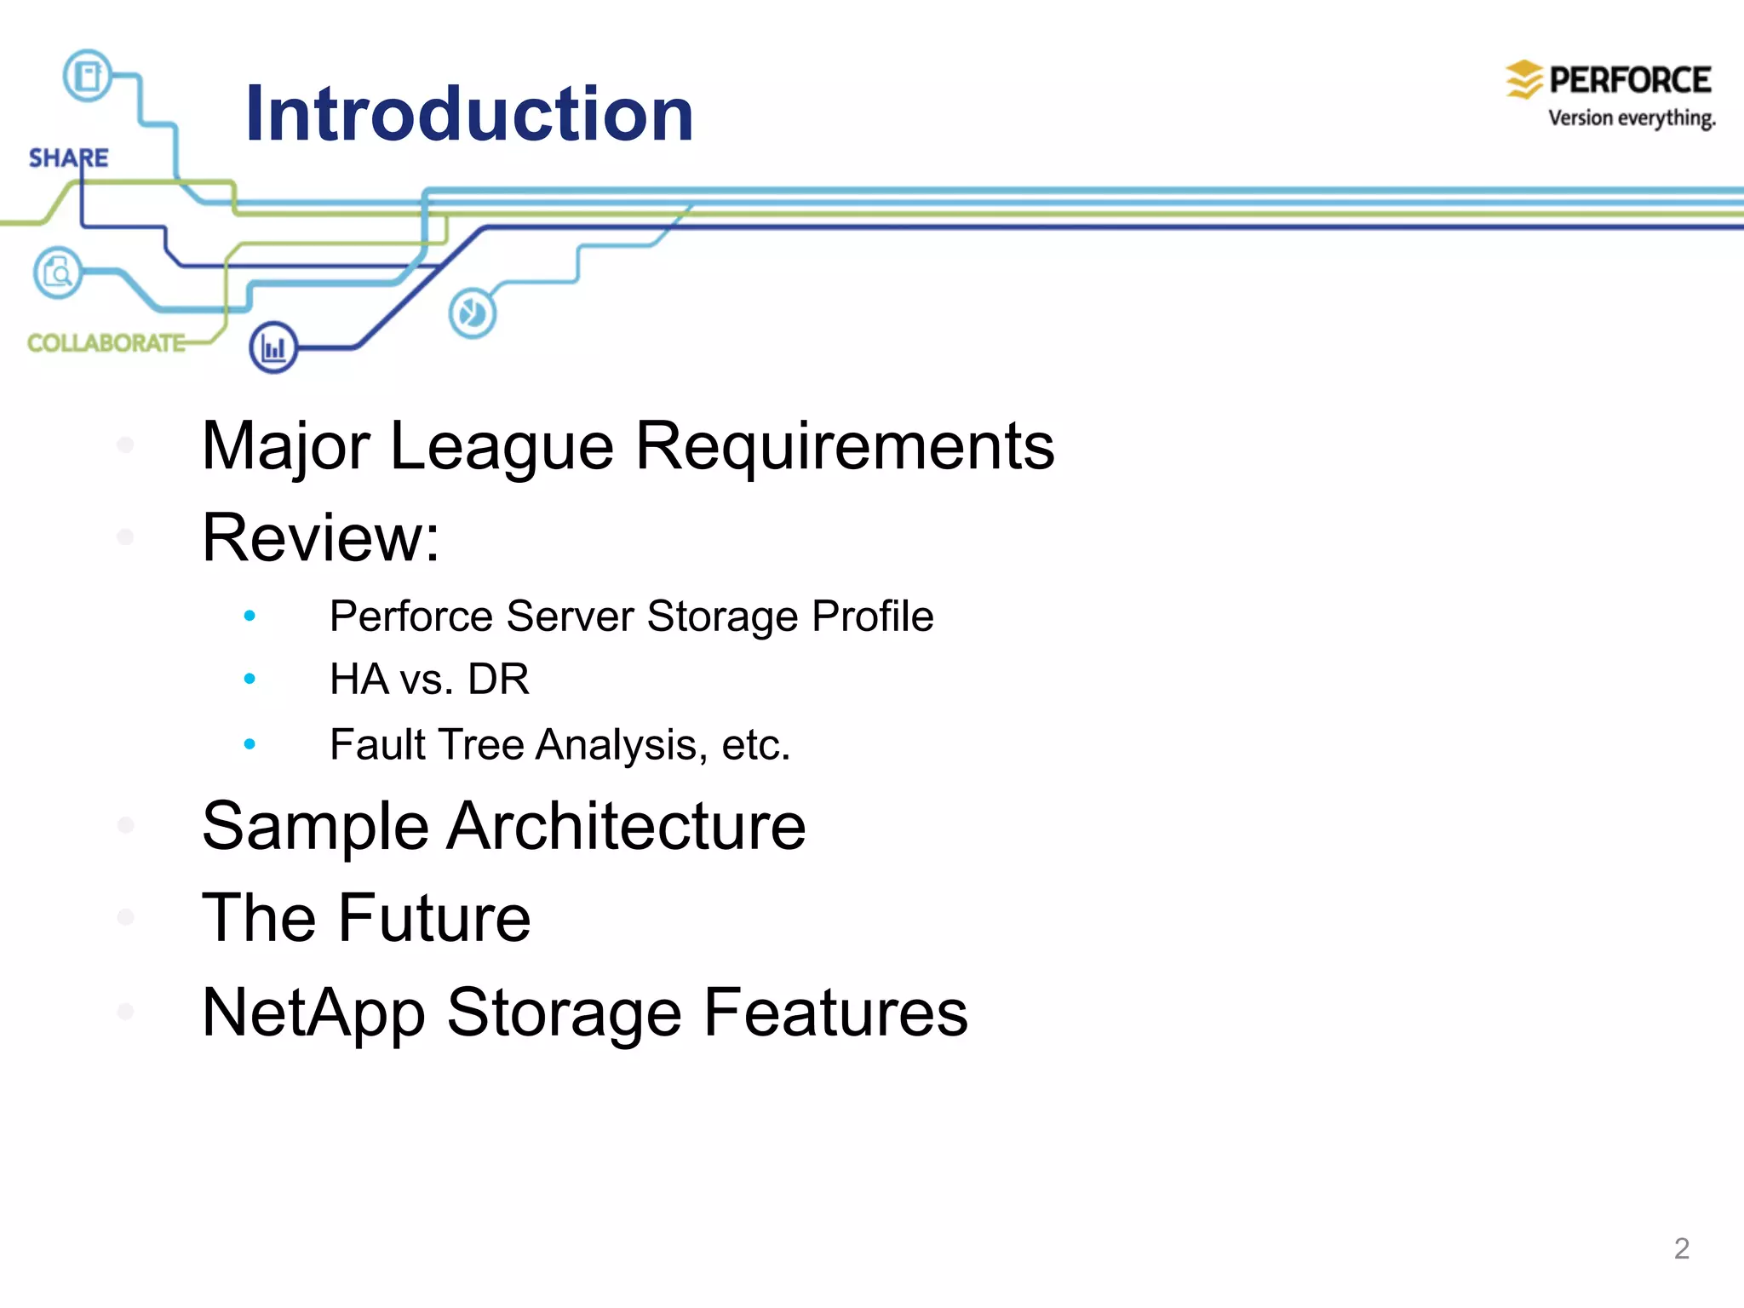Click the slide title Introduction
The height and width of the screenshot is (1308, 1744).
469,114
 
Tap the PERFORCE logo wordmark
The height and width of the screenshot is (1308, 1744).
1629,80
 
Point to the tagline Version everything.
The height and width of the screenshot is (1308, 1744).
1631,118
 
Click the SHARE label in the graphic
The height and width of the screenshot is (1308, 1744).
68,158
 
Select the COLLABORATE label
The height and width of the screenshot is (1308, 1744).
106,343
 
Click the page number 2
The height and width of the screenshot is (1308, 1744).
1681,1248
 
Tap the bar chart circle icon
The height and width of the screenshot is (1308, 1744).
273,347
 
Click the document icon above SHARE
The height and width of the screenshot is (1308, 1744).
88,76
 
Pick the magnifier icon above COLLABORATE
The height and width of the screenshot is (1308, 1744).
58,272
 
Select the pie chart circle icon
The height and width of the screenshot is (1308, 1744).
472,313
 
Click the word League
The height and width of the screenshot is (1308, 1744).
502,446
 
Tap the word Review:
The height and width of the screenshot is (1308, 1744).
321,538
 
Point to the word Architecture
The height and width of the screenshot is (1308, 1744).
626,826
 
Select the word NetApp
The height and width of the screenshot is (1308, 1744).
313,1013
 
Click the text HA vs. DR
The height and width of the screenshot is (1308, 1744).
429,680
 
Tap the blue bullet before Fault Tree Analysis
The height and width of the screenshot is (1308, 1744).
250,744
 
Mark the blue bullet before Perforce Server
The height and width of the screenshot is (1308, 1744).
250,616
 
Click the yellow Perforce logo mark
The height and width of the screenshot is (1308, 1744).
1523,79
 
